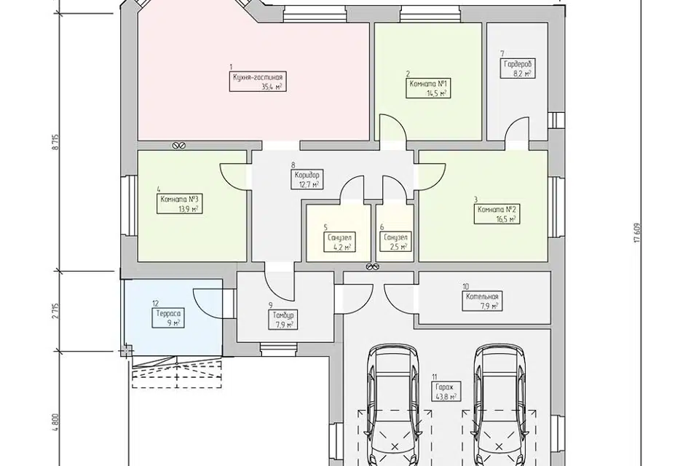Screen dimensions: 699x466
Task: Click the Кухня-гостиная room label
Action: click(x=258, y=82)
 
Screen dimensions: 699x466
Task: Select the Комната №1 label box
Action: click(x=428, y=88)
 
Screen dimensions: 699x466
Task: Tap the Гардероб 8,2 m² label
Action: click(x=518, y=68)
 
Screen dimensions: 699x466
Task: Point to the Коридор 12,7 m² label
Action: click(x=307, y=180)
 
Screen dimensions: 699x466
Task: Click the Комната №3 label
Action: click(x=179, y=204)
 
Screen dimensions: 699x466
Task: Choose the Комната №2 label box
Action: click(x=497, y=215)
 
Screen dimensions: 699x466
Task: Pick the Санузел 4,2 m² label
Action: click(x=339, y=242)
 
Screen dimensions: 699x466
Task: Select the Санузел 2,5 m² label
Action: click(x=395, y=242)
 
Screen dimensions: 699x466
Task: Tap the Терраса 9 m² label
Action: click(x=168, y=318)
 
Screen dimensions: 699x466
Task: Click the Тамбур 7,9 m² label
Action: click(x=283, y=320)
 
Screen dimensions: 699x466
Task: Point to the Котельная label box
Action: click(x=482, y=301)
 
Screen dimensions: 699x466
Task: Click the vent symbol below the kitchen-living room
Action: click(x=178, y=146)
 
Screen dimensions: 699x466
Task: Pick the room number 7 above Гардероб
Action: click(x=502, y=54)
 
